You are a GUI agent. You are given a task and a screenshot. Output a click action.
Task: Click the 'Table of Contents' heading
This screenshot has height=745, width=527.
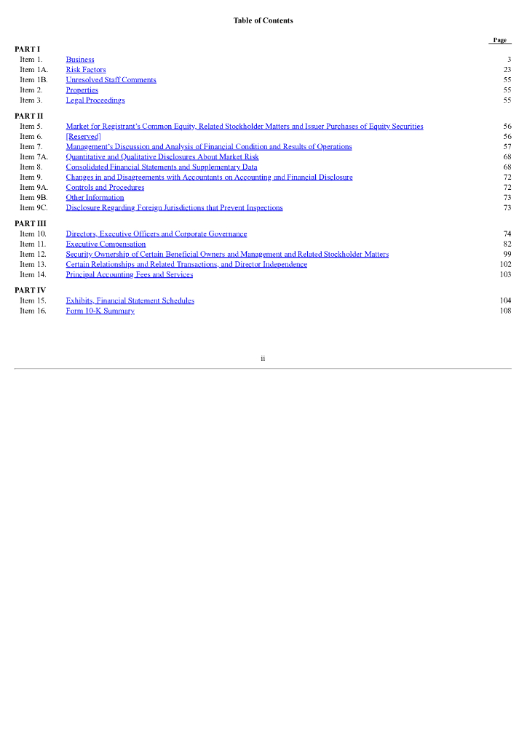tap(263, 20)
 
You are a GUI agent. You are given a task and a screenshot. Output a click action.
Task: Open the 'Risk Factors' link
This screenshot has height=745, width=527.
tap(86, 70)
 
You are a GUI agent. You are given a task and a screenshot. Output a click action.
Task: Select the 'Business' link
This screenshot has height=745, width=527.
tap(80, 60)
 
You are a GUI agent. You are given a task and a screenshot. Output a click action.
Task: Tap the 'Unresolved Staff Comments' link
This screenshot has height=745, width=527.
tap(111, 80)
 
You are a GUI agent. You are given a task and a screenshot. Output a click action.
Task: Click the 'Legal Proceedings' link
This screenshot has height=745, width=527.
tap(95, 100)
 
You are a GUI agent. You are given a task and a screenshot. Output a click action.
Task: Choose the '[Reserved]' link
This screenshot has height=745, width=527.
tap(83, 137)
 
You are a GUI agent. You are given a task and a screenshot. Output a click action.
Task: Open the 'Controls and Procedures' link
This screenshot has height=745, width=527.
tap(105, 188)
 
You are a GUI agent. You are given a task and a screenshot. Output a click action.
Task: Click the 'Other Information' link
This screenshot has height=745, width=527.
tap(95, 198)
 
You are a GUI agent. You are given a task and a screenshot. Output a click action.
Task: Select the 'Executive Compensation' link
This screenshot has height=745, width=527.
tap(106, 244)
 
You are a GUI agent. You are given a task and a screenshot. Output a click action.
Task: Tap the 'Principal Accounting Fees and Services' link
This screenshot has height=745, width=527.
tap(129, 275)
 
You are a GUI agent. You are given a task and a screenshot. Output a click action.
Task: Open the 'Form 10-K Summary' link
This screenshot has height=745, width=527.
tap(100, 311)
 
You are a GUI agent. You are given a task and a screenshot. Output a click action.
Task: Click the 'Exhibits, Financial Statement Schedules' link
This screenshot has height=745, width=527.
tap(130, 301)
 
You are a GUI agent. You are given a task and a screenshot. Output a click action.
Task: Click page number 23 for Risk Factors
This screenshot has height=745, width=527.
tap(507, 70)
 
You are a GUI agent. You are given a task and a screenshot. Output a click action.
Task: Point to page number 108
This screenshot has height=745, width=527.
tap(505, 311)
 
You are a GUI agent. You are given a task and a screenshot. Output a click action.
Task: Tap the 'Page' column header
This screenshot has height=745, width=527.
tap(499, 40)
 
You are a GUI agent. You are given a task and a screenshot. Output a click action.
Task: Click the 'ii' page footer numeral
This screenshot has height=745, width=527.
tap(263, 358)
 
